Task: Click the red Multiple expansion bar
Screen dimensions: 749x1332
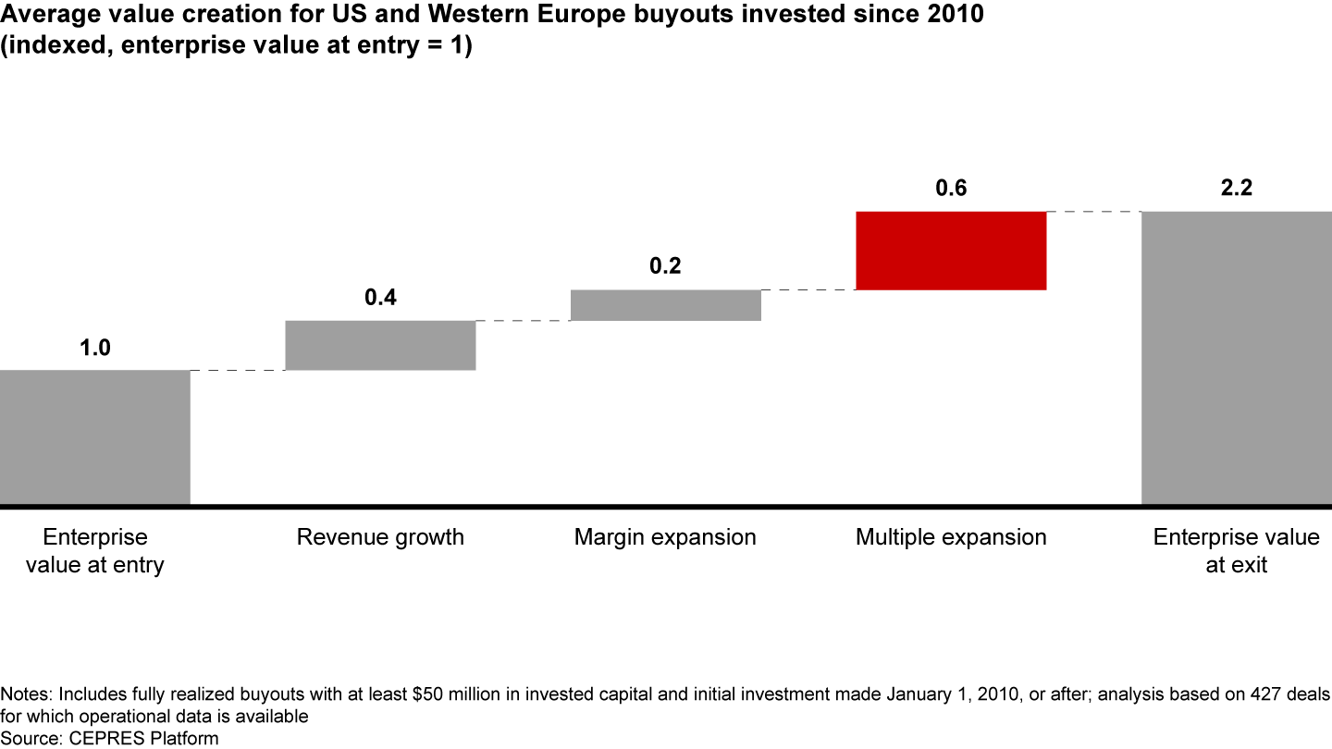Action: (x=951, y=251)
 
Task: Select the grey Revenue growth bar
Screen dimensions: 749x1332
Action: (x=380, y=345)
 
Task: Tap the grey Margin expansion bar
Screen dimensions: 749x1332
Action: (x=665, y=305)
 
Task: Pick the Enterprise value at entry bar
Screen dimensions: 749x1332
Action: (x=94, y=437)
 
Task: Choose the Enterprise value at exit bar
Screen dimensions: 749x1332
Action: (x=1236, y=358)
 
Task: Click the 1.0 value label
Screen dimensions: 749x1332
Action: (x=94, y=349)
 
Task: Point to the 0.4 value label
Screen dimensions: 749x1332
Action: (x=380, y=299)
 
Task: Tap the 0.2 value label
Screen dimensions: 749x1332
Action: (x=665, y=267)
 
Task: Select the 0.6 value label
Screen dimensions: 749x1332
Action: (x=951, y=189)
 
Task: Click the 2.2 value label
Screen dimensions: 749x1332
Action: (x=1236, y=189)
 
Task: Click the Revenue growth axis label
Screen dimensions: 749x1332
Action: (x=380, y=537)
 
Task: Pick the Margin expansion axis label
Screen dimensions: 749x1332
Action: (x=665, y=537)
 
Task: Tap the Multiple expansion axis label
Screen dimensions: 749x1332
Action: (x=951, y=537)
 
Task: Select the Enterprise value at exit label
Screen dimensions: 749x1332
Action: (x=1236, y=551)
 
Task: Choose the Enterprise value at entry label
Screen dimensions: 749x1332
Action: (x=94, y=551)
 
